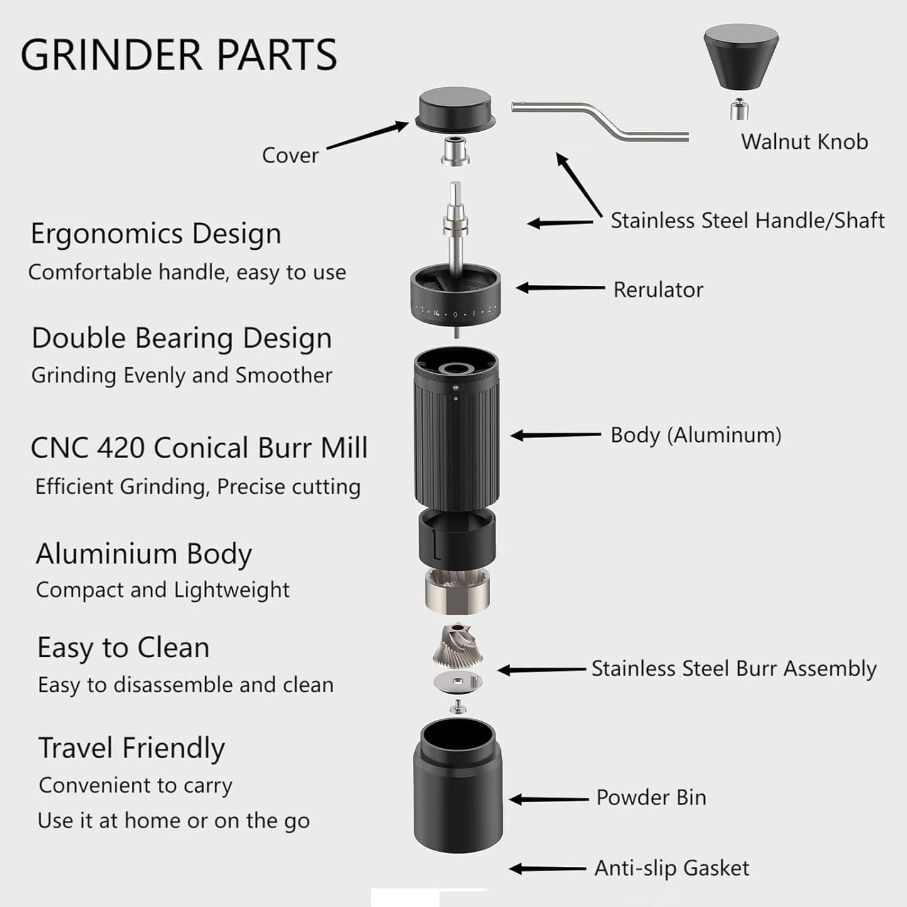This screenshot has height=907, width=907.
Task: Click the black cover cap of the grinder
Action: [x=455, y=109]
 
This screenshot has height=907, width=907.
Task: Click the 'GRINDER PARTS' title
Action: [x=179, y=55]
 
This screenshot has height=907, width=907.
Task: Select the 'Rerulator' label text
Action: [x=658, y=290]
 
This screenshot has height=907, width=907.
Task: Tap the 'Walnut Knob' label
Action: [x=804, y=142]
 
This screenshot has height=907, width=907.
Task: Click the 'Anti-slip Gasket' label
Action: [x=672, y=868]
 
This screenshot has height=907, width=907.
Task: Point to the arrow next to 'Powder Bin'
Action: [x=548, y=799]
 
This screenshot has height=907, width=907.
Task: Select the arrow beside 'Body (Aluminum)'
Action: [x=555, y=435]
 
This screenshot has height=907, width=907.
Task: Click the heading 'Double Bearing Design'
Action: [x=181, y=338]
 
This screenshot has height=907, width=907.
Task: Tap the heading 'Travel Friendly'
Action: [x=132, y=748]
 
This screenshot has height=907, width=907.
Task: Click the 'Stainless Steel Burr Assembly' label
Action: [x=734, y=668]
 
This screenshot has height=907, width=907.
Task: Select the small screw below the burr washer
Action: [x=458, y=707]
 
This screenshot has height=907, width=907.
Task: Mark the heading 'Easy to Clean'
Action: [x=123, y=648]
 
